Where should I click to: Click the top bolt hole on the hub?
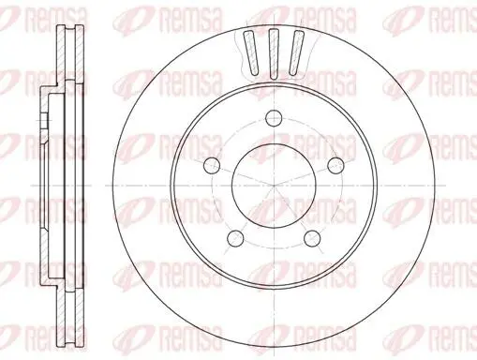pyautogui.click(x=274, y=118)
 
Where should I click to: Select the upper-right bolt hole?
pyautogui.click(x=335, y=165)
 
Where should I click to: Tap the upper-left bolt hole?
pyautogui.click(x=212, y=165)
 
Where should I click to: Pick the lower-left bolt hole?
pyautogui.click(x=235, y=239)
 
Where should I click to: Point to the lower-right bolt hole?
pyautogui.click(x=312, y=239)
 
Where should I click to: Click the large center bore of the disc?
pyautogui.click(x=274, y=186)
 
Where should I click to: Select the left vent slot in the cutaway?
pyautogui.click(x=251, y=52)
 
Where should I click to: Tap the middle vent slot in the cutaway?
pyautogui.click(x=274, y=53)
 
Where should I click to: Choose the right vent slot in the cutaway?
pyautogui.click(x=296, y=52)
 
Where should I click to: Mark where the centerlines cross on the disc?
pyautogui.click(x=274, y=186)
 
